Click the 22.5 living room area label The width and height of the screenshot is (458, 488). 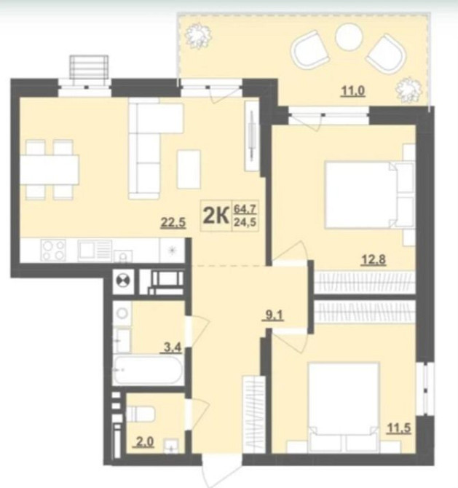(173, 223)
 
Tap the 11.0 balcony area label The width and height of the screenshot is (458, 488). (353, 91)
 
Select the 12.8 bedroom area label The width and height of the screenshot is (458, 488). (374, 259)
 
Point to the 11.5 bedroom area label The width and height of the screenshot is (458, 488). (398, 428)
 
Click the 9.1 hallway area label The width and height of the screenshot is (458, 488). (274, 316)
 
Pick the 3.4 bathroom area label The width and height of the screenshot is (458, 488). (173, 347)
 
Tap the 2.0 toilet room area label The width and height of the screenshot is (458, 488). (145, 442)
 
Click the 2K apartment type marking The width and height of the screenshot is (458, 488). (216, 216)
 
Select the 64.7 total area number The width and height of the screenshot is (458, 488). (245, 209)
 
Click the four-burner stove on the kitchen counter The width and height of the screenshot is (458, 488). (54, 251)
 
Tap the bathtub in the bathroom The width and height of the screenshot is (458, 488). (146, 370)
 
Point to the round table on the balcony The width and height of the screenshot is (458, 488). (349, 37)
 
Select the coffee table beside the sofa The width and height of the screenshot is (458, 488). (189, 169)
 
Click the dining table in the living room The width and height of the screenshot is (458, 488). (50, 170)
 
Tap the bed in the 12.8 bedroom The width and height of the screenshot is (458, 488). (369, 195)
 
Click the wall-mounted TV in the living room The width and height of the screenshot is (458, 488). (253, 135)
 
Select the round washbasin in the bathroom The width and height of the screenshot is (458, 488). (122, 313)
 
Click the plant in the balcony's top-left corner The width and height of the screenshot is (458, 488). (198, 36)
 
